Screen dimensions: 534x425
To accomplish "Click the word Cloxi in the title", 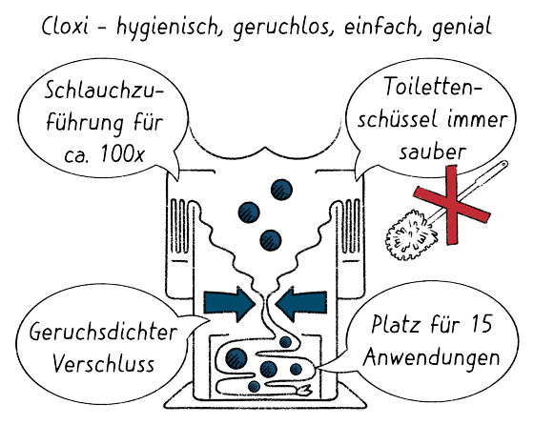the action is pyautogui.click(x=65, y=26).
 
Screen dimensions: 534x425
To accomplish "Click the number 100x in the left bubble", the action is pyautogui.click(x=123, y=153).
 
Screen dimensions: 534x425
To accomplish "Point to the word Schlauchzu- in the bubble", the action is pyautogui.click(x=104, y=91).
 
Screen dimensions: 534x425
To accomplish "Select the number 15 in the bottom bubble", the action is pyautogui.click(x=482, y=324).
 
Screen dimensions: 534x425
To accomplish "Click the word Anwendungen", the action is pyautogui.click(x=431, y=357).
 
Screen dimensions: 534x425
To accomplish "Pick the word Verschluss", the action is pyautogui.click(x=104, y=363).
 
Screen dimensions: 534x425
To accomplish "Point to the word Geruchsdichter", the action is pyautogui.click(x=103, y=332).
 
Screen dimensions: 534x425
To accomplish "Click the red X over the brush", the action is pyautogui.click(x=452, y=205).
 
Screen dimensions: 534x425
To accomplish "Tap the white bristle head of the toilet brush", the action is pyautogui.click(x=411, y=234).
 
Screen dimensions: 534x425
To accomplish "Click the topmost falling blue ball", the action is pyautogui.click(x=281, y=190).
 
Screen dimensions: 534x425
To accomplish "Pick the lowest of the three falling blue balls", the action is pyautogui.click(x=271, y=240).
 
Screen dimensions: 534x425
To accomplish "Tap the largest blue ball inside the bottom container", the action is pyautogui.click(x=236, y=358).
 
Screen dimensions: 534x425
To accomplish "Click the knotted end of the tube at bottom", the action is pyautogui.click(x=305, y=391).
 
